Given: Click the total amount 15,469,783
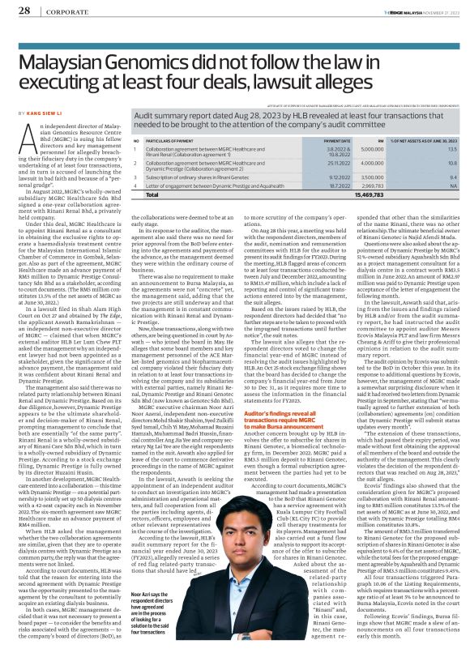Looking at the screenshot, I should point(370,195).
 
